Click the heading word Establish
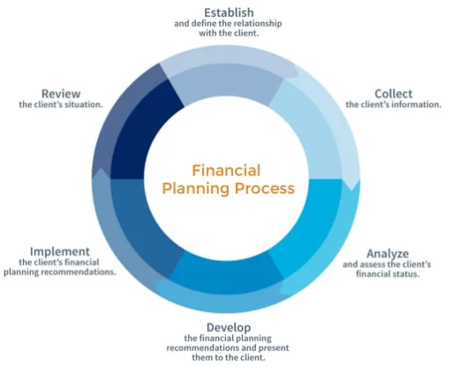point(229,12)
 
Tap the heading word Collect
point(393,94)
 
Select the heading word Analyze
point(388,254)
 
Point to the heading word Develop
point(229,328)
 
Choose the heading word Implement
point(60,252)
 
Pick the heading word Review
point(61,94)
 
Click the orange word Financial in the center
point(226,171)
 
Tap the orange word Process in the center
point(265,188)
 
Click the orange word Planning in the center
point(196,189)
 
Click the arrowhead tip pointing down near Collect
point(351,190)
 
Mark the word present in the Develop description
point(274,348)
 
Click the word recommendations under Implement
point(78,271)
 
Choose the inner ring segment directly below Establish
point(227,84)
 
